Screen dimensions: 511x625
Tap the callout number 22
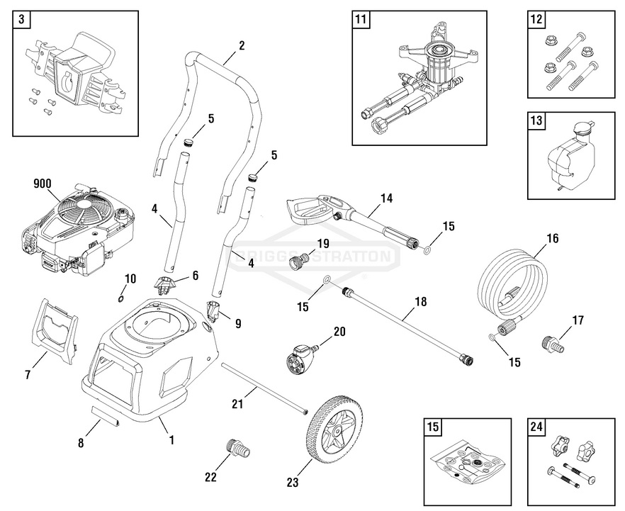click(x=210, y=477)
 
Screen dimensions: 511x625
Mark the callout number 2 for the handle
click(x=242, y=45)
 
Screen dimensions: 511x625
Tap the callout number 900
click(x=43, y=184)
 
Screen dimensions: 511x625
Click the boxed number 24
click(x=537, y=427)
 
